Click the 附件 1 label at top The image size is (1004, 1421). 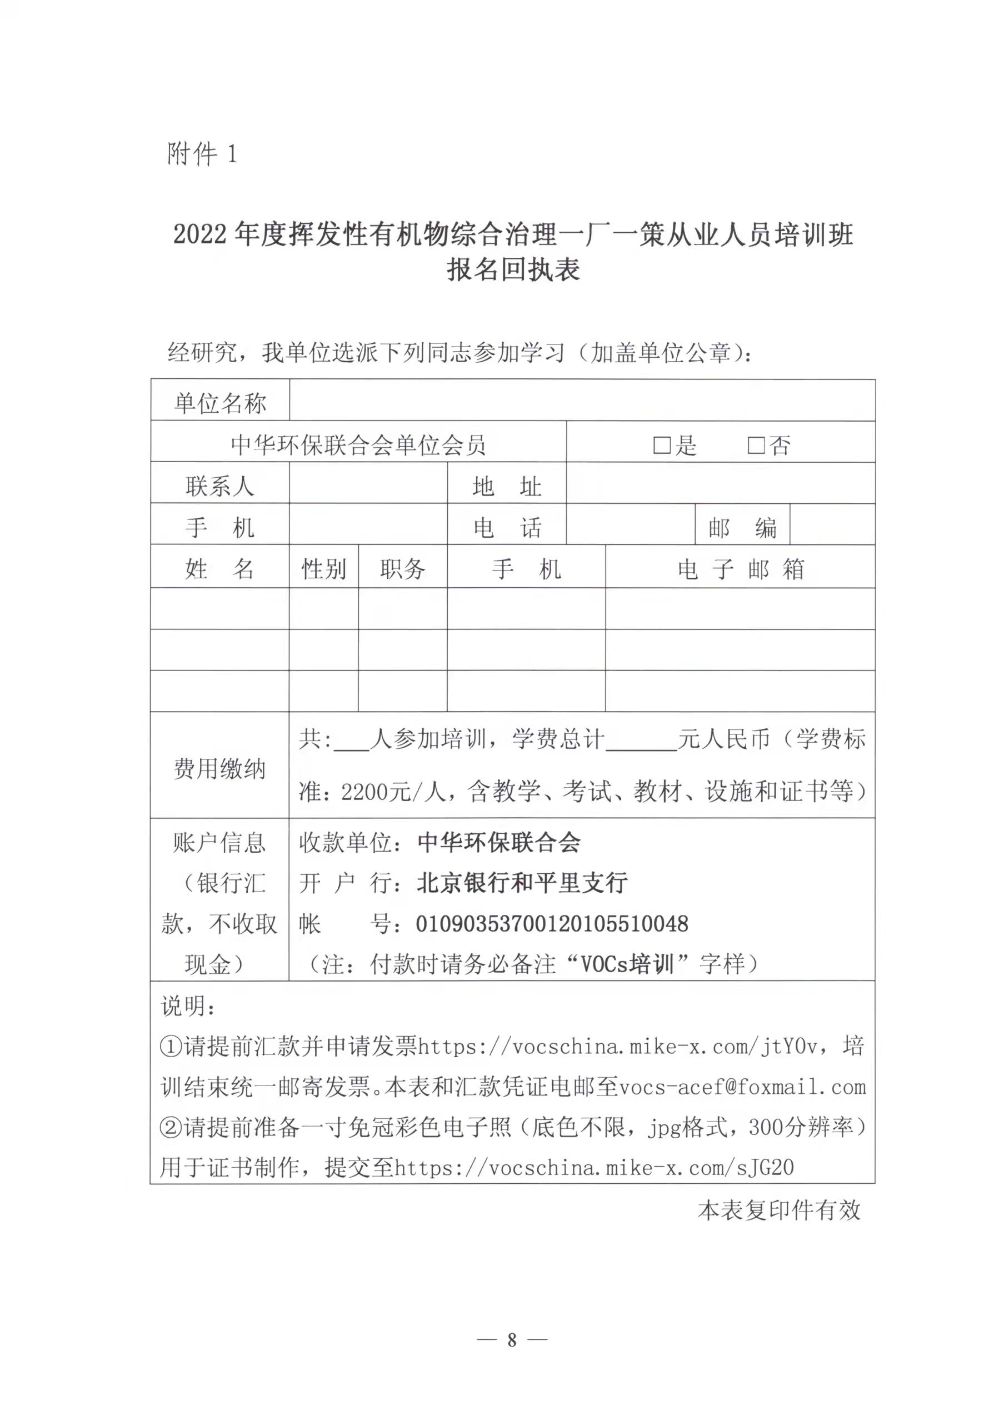(201, 154)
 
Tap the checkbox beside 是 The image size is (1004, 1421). (662, 445)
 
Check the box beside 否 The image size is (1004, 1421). (756, 445)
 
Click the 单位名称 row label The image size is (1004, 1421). (219, 403)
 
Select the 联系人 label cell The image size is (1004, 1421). (219, 486)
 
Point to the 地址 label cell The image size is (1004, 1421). (506, 486)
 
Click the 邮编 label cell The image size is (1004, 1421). (742, 527)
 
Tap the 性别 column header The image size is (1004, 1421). (323, 569)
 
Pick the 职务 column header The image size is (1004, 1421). (402, 569)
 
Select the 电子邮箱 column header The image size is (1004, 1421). (740, 569)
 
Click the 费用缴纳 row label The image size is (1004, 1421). (219, 769)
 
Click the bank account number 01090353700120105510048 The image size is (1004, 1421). (552, 924)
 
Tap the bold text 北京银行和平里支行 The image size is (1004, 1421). (522, 883)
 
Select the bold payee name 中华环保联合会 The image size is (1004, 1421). (499, 842)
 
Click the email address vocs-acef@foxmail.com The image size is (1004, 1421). (742, 1087)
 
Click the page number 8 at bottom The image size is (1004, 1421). (511, 1339)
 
